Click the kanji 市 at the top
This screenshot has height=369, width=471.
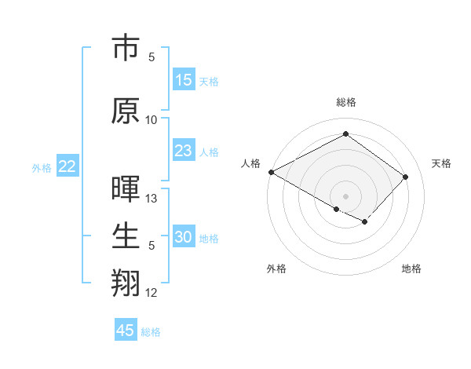[125, 48]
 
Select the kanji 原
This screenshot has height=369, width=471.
[125, 111]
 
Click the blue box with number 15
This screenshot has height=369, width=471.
[184, 80]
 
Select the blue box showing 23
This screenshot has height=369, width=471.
[184, 151]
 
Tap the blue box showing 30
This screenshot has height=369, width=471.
[184, 237]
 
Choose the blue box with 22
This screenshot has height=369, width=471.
[67, 166]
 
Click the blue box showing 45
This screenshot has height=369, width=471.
[126, 331]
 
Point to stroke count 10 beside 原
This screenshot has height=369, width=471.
[152, 119]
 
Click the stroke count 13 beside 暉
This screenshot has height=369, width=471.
[152, 199]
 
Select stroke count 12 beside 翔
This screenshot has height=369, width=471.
[152, 293]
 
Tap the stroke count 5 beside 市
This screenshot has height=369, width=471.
[152, 57]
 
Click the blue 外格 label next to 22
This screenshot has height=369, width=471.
[41, 167]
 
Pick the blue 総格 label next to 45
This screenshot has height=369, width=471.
[151, 332]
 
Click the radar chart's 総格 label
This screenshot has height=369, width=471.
[345, 102]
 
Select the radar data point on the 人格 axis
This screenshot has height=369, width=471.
[271, 172]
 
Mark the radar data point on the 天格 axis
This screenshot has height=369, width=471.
[405, 177]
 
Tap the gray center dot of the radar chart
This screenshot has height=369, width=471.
[345, 195]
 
